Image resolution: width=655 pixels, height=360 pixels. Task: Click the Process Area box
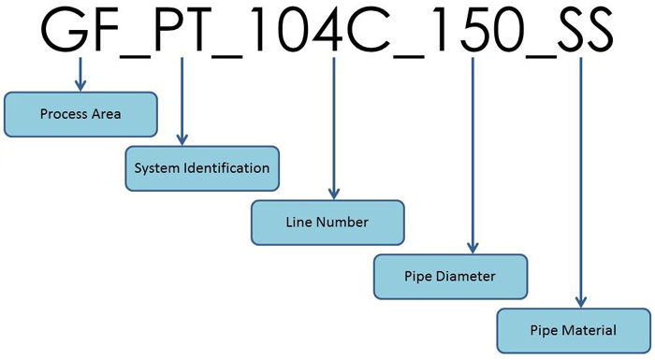click(x=80, y=113)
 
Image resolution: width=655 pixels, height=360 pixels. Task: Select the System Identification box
click(x=202, y=168)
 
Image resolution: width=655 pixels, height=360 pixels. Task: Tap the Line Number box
click(x=327, y=223)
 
